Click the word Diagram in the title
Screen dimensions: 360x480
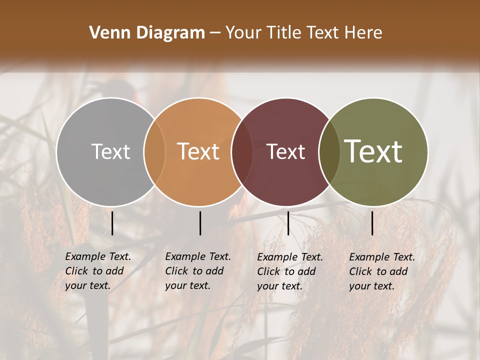click(170, 33)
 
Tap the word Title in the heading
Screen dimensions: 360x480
click(284, 33)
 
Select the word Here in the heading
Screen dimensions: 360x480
click(362, 33)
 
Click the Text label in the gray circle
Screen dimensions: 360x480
click(110, 151)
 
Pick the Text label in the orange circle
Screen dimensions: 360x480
click(198, 151)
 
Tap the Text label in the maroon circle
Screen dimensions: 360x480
click(286, 151)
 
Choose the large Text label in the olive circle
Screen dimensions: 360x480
click(373, 151)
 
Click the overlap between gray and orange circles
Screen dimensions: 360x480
click(154, 151)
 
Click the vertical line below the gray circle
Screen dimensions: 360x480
click(112, 223)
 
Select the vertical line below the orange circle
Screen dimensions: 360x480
click(200, 223)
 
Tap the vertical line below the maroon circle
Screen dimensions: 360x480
click(288, 223)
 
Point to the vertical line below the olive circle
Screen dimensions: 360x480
click(372, 223)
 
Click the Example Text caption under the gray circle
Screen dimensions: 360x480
click(98, 271)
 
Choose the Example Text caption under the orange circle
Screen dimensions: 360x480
click(198, 271)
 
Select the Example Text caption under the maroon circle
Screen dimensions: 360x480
click(290, 271)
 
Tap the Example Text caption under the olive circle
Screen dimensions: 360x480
click(382, 271)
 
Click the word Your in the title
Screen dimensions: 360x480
click(243, 33)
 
